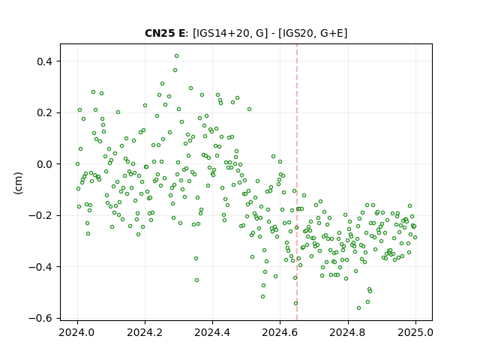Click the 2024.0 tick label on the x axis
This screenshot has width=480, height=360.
(x=77, y=332)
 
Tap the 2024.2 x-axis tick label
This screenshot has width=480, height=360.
(x=145, y=332)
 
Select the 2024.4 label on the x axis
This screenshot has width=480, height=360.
(x=212, y=332)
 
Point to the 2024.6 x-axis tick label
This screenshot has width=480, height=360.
(x=280, y=332)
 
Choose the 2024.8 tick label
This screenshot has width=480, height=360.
(x=348, y=332)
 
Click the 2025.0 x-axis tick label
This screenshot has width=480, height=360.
(x=415, y=332)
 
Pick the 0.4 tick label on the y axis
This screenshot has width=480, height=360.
(x=44, y=61)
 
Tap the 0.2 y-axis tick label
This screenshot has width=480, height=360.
(x=44, y=113)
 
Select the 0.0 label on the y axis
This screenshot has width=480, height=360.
(x=44, y=164)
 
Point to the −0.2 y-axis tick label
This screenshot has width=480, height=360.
(x=40, y=216)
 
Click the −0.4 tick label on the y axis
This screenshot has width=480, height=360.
(x=40, y=267)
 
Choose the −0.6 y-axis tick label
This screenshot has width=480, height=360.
(x=40, y=319)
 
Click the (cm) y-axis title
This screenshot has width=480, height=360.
(x=18, y=183)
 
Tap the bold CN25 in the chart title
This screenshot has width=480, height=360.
(x=159, y=33)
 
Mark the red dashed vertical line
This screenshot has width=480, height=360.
(x=297, y=182)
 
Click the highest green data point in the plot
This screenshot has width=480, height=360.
(x=176, y=55)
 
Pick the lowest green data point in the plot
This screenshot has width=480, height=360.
(x=358, y=307)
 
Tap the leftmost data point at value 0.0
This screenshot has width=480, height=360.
(x=77, y=163)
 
